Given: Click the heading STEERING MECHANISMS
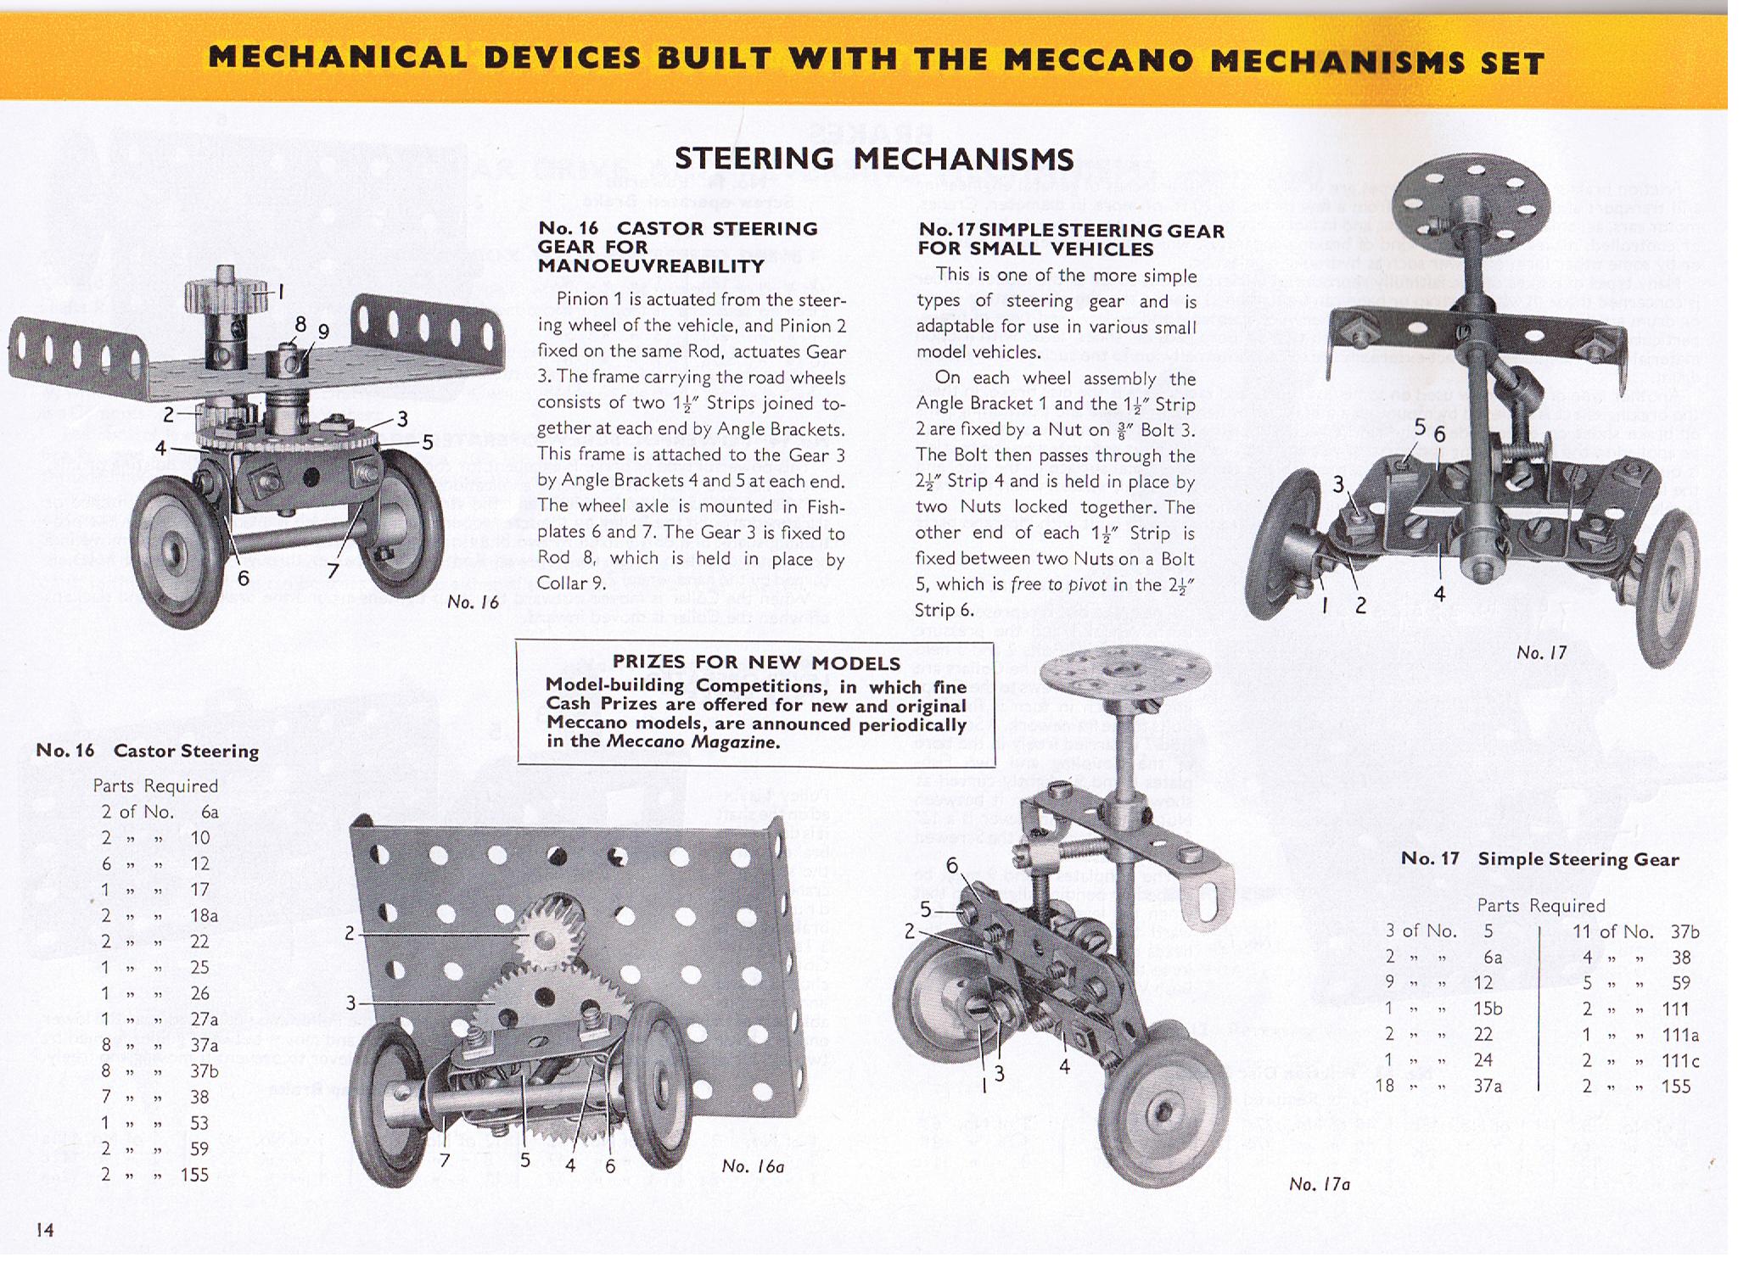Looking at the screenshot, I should click(873, 159).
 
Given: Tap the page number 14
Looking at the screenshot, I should click(45, 1229).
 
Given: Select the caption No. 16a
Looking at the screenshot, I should click(753, 1166).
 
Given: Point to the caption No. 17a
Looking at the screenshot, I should click(1319, 1184).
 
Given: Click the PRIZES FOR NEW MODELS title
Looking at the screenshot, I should click(756, 662).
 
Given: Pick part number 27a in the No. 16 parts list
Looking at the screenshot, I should click(205, 1019).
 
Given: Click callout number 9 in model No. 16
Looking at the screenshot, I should click(323, 332).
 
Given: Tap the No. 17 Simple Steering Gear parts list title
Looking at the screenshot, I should click(1539, 859).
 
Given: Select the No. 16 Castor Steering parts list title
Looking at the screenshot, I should click(147, 751).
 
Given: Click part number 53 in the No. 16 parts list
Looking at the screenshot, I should click(199, 1123).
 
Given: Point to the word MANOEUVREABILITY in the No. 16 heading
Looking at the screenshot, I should click(652, 266).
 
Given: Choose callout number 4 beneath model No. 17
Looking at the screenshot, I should click(1439, 595).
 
